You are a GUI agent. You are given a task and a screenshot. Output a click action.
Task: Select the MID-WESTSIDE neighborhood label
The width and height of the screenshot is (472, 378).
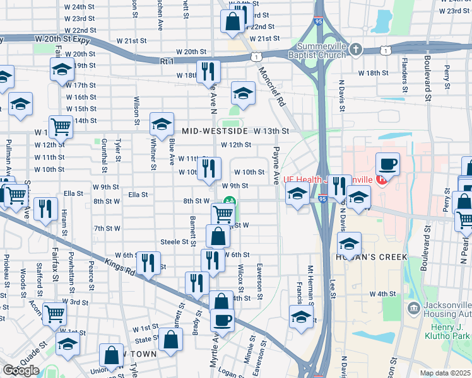pyautogui.click(x=216, y=131)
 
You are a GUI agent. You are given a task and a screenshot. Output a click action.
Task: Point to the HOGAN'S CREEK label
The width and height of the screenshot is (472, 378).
pyautogui.click(x=372, y=256)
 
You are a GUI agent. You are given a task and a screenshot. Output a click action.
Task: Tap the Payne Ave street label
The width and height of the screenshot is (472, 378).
pyautogui.click(x=276, y=166)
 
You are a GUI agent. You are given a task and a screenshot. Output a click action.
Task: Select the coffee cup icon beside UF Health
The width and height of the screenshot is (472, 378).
pyautogui.click(x=387, y=163)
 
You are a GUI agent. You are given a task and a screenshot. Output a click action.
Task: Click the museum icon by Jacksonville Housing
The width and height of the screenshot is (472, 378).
pyautogui.click(x=413, y=308)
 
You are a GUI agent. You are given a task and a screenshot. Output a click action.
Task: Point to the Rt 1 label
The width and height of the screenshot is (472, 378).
pyautogui.click(x=167, y=61)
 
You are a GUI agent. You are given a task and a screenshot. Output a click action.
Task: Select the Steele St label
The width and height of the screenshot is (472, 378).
pyautogui.click(x=175, y=241)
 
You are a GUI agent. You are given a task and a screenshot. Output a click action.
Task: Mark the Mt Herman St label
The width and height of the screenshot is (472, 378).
pyautogui.click(x=310, y=283)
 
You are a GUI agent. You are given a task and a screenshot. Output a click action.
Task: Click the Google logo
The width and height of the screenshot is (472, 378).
pyautogui.click(x=21, y=370)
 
